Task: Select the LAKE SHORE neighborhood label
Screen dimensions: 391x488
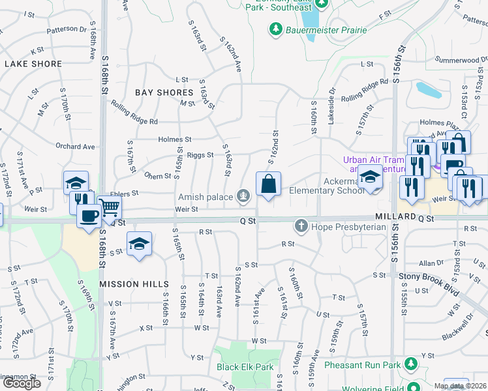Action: click(x=33, y=64)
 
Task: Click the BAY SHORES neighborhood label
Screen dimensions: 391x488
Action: click(x=164, y=93)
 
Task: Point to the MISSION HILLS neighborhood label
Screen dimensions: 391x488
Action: click(x=134, y=284)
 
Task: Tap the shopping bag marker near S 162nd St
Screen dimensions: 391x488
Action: click(x=268, y=185)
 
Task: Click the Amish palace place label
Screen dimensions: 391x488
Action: click(x=206, y=195)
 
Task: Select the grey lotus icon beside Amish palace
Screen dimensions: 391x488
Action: click(x=243, y=195)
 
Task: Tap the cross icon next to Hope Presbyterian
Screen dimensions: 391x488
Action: click(x=301, y=227)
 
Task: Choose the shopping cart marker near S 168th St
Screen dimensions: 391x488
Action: click(x=110, y=207)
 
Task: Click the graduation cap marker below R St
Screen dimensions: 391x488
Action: click(x=139, y=244)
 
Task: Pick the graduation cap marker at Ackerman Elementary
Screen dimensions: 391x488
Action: click(x=370, y=177)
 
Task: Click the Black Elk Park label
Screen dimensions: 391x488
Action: click(x=245, y=367)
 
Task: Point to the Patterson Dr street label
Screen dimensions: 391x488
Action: click(x=67, y=29)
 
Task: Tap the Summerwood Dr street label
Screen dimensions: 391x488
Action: click(x=457, y=60)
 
